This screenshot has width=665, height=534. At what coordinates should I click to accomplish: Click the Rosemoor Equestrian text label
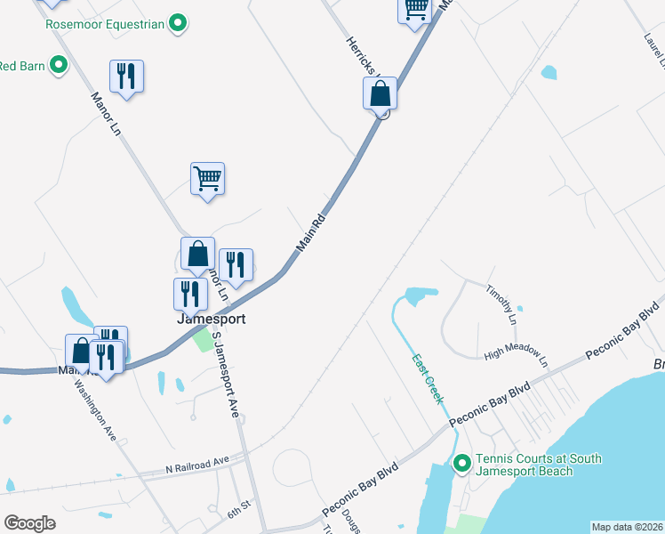point(105,24)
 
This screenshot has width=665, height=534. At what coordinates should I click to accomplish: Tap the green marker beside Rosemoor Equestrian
point(178,23)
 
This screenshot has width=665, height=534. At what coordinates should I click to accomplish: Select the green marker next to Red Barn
point(59,65)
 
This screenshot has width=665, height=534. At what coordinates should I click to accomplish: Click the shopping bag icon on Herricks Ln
point(380,93)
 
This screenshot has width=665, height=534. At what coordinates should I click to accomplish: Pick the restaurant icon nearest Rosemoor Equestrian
point(126,77)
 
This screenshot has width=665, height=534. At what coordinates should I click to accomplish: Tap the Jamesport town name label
point(211,318)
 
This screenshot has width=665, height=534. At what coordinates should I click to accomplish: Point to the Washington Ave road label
point(97,411)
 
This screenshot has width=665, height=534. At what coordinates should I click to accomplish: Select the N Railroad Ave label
point(197,464)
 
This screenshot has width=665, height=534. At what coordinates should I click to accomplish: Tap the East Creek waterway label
point(428,379)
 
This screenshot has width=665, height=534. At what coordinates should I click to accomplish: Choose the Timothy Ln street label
point(501,303)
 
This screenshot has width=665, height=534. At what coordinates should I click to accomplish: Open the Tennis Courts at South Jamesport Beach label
point(539,465)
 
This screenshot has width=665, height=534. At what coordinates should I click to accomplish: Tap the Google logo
point(29,523)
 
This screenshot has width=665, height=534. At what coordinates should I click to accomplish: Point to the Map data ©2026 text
point(627,527)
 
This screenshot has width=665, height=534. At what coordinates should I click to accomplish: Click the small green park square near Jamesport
point(204,339)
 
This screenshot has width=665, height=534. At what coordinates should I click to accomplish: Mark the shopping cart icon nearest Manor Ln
point(207,179)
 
